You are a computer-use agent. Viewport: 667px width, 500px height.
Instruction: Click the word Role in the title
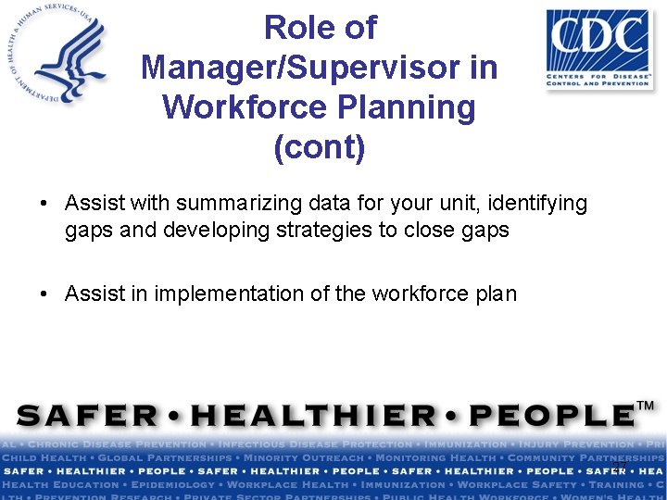pyautogui.click(x=292, y=28)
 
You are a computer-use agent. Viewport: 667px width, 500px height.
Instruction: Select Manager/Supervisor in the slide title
pyautogui.click(x=320, y=68)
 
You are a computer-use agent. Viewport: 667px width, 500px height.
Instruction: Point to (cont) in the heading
pyautogui.click(x=320, y=147)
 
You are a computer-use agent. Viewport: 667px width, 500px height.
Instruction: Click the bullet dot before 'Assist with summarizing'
pyautogui.click(x=44, y=203)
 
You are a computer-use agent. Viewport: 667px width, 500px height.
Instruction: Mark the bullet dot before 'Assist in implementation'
pyautogui.click(x=44, y=294)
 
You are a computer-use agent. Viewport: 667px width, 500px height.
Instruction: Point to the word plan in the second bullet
pyautogui.click(x=496, y=294)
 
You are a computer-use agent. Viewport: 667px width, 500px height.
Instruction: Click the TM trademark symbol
pyautogui.click(x=646, y=406)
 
